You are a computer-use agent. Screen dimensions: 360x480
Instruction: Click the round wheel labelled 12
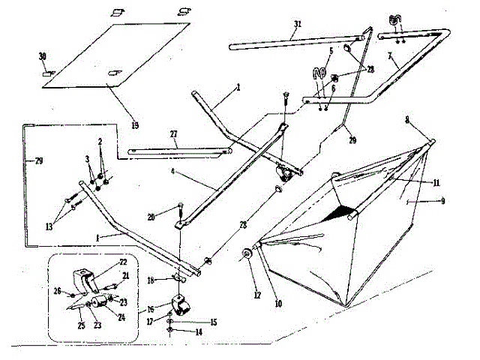click(x=247, y=255)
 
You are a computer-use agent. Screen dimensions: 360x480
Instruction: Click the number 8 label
click(x=406, y=118)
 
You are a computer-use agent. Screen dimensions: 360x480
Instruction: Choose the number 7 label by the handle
click(x=391, y=58)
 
